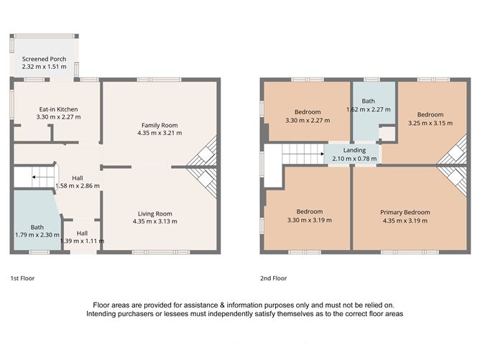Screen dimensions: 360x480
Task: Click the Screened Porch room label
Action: click(44, 59)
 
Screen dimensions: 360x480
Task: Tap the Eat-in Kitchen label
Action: click(59, 109)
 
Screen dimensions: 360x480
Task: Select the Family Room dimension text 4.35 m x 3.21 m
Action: click(159, 133)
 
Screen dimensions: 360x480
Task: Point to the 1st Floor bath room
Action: click(37, 227)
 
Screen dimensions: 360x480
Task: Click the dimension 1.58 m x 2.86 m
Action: click(78, 185)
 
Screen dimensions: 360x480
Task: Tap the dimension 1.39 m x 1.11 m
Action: click(83, 241)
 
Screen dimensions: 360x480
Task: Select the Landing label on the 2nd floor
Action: click(354, 150)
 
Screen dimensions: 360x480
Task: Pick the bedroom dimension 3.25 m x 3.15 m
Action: click(430, 123)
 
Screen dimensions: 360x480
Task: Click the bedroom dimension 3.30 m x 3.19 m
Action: click(309, 220)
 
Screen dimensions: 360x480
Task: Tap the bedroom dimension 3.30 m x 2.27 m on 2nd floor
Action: click(308, 120)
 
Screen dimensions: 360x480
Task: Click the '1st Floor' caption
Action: click(22, 277)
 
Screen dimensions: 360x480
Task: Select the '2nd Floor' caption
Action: click(273, 277)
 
